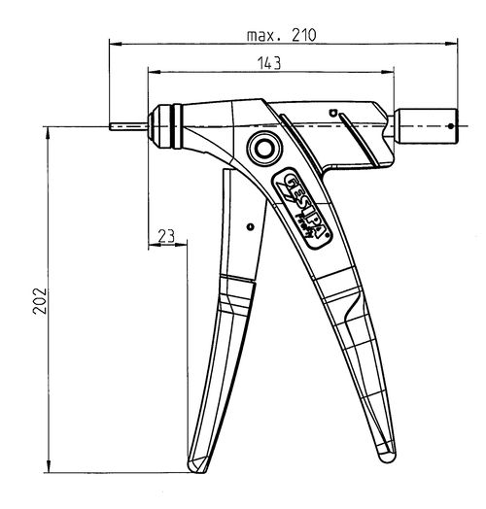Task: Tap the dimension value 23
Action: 165,235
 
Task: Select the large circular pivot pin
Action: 262,149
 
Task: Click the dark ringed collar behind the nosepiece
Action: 170,124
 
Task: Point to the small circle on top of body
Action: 332,112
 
